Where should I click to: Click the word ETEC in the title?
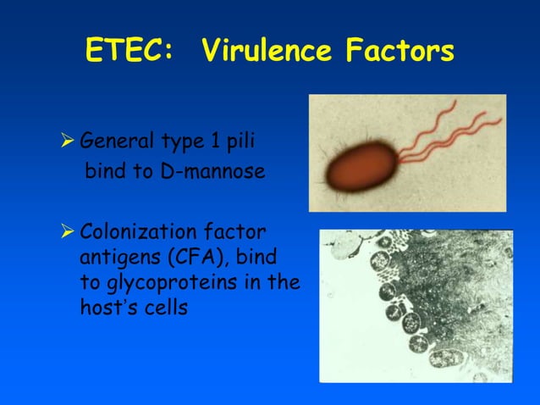[x=126, y=52]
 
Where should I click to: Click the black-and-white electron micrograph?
[x=416, y=305]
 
